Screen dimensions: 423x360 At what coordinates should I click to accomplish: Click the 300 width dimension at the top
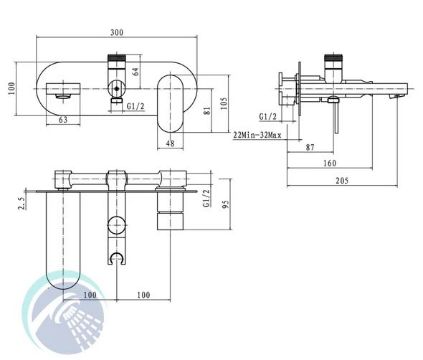point(117,32)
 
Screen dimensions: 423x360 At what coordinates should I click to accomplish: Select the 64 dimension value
point(136,71)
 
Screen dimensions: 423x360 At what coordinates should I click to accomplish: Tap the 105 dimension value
point(224,103)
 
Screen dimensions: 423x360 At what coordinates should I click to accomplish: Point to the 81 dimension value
point(207,111)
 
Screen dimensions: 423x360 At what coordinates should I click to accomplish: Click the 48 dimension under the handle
point(170,143)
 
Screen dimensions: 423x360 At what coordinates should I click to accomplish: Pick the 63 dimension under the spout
point(63,120)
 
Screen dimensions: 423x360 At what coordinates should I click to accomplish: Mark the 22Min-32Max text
point(257,135)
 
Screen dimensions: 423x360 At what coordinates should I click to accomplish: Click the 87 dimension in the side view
point(310,147)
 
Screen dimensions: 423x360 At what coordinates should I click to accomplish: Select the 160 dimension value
point(330,163)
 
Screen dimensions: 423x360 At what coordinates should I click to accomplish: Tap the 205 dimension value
point(342,181)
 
